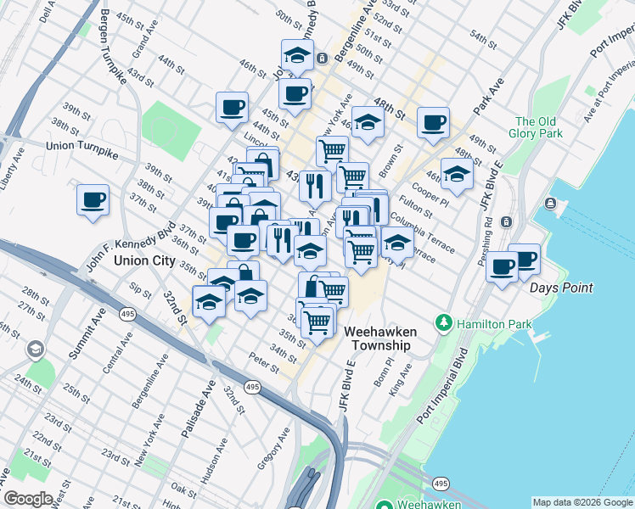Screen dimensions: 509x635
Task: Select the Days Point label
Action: point(561,288)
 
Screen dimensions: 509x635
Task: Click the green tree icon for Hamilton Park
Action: point(442,323)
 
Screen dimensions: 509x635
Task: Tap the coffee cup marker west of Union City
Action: point(93,200)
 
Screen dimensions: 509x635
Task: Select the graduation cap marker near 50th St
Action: point(296,55)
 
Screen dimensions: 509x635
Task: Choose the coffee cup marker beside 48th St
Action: point(433,123)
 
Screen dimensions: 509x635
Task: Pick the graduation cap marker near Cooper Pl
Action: point(457,174)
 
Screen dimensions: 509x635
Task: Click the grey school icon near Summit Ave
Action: point(36,349)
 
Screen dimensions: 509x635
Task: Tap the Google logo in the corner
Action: point(28,498)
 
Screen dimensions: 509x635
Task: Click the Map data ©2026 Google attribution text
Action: point(582,502)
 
